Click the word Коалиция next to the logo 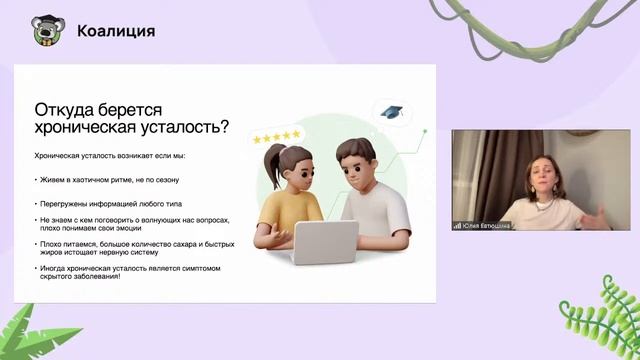coord(116,31)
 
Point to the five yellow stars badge coord(277,135)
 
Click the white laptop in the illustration coord(325,241)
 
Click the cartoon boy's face coord(355,171)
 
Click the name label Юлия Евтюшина coord(487,225)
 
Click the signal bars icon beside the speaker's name coord(457,225)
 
